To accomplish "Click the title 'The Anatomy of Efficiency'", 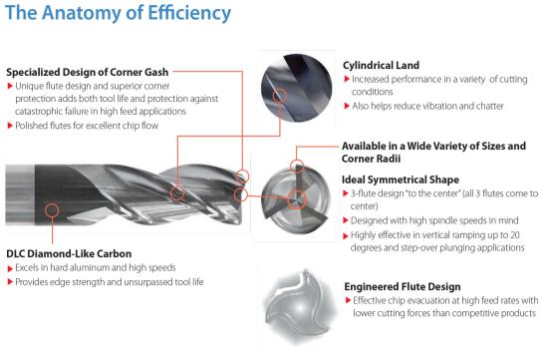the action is (x=119, y=13).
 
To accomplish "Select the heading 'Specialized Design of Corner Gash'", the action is (x=88, y=72).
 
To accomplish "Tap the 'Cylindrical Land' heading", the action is (x=381, y=65).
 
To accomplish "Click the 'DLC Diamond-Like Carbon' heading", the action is (x=69, y=253).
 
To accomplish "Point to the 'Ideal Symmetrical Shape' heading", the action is (x=401, y=180).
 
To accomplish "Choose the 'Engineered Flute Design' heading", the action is (x=403, y=286).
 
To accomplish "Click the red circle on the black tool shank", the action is (x=52, y=210).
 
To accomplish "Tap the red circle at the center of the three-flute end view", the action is (x=297, y=199).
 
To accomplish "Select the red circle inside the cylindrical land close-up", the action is (x=280, y=95).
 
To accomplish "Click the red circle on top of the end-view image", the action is (x=297, y=166).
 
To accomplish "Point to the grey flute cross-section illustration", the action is (x=300, y=306).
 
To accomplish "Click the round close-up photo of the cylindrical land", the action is (x=296, y=88).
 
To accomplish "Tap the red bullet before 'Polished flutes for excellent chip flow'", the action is (x=10, y=126).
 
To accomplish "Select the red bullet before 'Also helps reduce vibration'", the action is (x=347, y=106).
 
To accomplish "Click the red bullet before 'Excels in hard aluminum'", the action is (x=10, y=268).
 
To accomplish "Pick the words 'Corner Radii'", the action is (x=371, y=159).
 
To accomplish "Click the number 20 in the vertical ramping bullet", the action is (x=515, y=235).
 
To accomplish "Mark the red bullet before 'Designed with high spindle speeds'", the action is (x=346, y=220).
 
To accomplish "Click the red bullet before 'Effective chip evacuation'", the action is (x=348, y=300).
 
